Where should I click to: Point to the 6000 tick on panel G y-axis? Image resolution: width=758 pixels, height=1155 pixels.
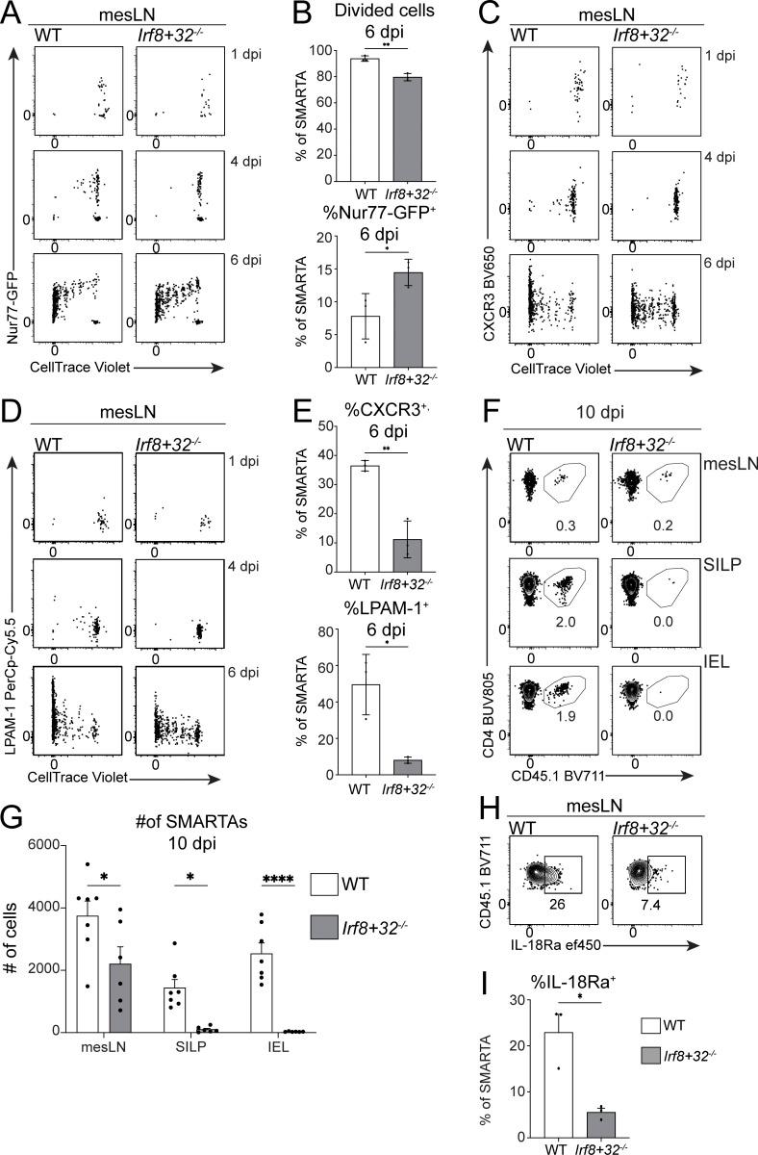tap(44, 845)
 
